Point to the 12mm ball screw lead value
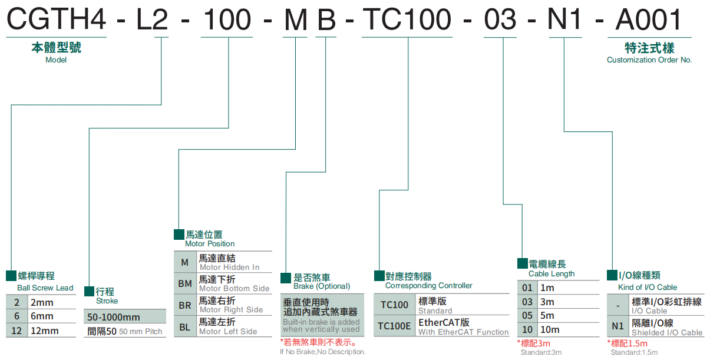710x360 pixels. (x=45, y=331)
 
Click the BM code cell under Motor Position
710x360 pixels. (x=185, y=283)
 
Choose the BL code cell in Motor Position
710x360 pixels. (x=185, y=326)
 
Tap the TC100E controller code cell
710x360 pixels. (x=394, y=326)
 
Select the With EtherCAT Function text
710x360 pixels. (x=463, y=332)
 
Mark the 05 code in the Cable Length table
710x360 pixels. (x=527, y=316)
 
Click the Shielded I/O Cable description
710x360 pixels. (x=667, y=333)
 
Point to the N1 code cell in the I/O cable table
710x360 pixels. (x=617, y=326)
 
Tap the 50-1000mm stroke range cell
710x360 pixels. (x=114, y=317)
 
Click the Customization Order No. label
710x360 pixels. (x=649, y=60)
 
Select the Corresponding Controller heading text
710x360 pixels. (x=428, y=286)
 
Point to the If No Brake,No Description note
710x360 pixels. (x=323, y=352)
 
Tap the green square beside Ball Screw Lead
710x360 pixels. (x=11, y=276)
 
